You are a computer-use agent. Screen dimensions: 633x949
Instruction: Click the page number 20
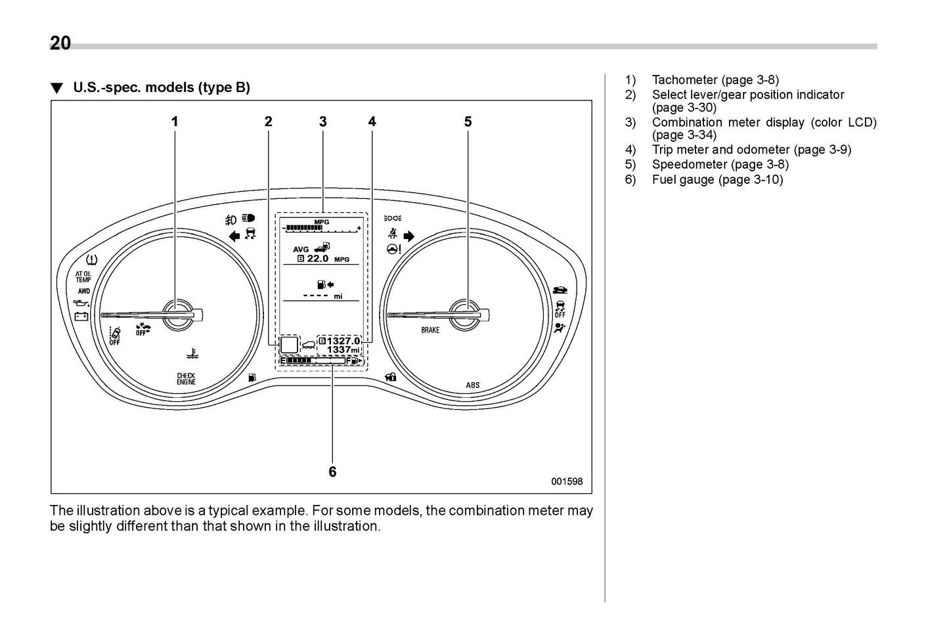click(x=60, y=43)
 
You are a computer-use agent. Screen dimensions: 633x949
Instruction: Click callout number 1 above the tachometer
click(x=175, y=121)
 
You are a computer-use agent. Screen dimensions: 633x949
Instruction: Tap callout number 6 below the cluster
click(x=332, y=471)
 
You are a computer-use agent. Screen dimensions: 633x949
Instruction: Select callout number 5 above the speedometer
click(x=468, y=121)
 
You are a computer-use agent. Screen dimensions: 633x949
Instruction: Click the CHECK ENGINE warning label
click(x=186, y=379)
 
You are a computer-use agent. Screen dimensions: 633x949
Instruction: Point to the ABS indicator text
click(x=473, y=385)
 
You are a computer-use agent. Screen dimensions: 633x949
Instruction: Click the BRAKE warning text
click(x=430, y=330)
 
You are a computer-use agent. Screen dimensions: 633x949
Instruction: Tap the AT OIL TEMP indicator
click(x=83, y=277)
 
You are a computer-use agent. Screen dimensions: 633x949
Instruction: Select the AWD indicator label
click(x=83, y=291)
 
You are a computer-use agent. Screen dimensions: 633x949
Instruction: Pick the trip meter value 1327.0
click(x=343, y=341)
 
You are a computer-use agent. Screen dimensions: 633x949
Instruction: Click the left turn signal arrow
click(x=234, y=236)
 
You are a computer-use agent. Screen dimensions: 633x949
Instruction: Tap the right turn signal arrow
click(x=409, y=236)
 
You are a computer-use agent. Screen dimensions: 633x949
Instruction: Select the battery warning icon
click(x=81, y=316)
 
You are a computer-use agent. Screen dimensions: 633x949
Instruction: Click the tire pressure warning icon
click(x=92, y=259)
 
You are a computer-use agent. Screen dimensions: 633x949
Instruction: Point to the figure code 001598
click(x=566, y=481)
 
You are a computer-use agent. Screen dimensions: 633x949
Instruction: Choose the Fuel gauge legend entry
click(x=717, y=180)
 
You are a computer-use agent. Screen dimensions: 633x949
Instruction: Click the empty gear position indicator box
click(x=289, y=345)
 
